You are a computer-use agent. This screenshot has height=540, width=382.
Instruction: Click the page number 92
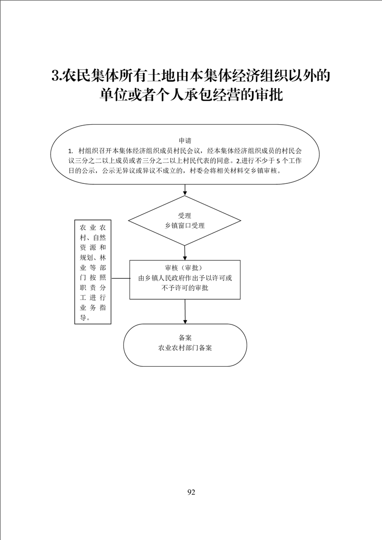coord(191,492)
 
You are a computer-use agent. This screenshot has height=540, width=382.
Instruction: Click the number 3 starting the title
coord(55,76)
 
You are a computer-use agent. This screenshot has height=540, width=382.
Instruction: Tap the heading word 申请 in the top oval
coord(185,141)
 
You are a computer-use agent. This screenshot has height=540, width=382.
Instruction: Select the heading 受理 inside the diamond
coord(184,216)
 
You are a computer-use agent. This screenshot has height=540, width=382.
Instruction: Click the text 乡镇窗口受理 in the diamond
coord(184,226)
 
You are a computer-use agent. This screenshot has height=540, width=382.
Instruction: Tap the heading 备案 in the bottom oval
coord(185,337)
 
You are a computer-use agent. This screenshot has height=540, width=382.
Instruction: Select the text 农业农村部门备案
coord(185,348)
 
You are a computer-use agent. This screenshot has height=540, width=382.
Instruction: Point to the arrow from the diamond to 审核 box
coord(185,253)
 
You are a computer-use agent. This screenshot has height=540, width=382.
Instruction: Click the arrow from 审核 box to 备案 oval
coord(185,312)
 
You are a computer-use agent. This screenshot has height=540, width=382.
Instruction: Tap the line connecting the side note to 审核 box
coord(120,278)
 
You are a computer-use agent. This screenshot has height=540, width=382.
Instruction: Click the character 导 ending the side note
coord(83,318)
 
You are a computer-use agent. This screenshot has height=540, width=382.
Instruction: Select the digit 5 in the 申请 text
coord(274,161)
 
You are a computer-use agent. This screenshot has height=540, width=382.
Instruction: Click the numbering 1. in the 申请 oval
coord(71,151)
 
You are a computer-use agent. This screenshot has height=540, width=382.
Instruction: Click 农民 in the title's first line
coord(74,76)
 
